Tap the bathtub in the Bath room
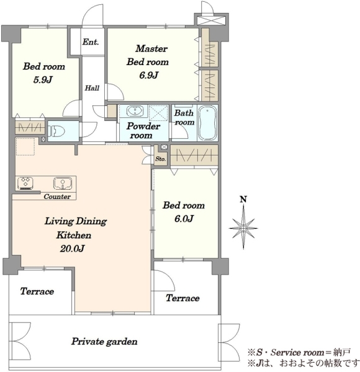click(207, 123)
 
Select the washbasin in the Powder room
click(135, 111)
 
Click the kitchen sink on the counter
click(63, 184)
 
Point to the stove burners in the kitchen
click(25, 184)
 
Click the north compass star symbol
click(243, 228)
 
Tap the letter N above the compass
click(243, 199)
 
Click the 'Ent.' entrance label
click(91, 42)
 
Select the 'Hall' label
click(92, 88)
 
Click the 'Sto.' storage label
click(161, 159)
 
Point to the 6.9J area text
click(148, 75)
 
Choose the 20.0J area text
click(72, 249)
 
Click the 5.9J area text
click(43, 80)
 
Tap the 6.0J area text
click(184, 218)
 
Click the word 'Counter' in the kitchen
click(57, 197)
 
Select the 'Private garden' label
click(104, 342)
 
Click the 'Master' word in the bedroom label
click(151, 48)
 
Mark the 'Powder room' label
click(143, 130)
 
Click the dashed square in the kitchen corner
click(25, 146)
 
